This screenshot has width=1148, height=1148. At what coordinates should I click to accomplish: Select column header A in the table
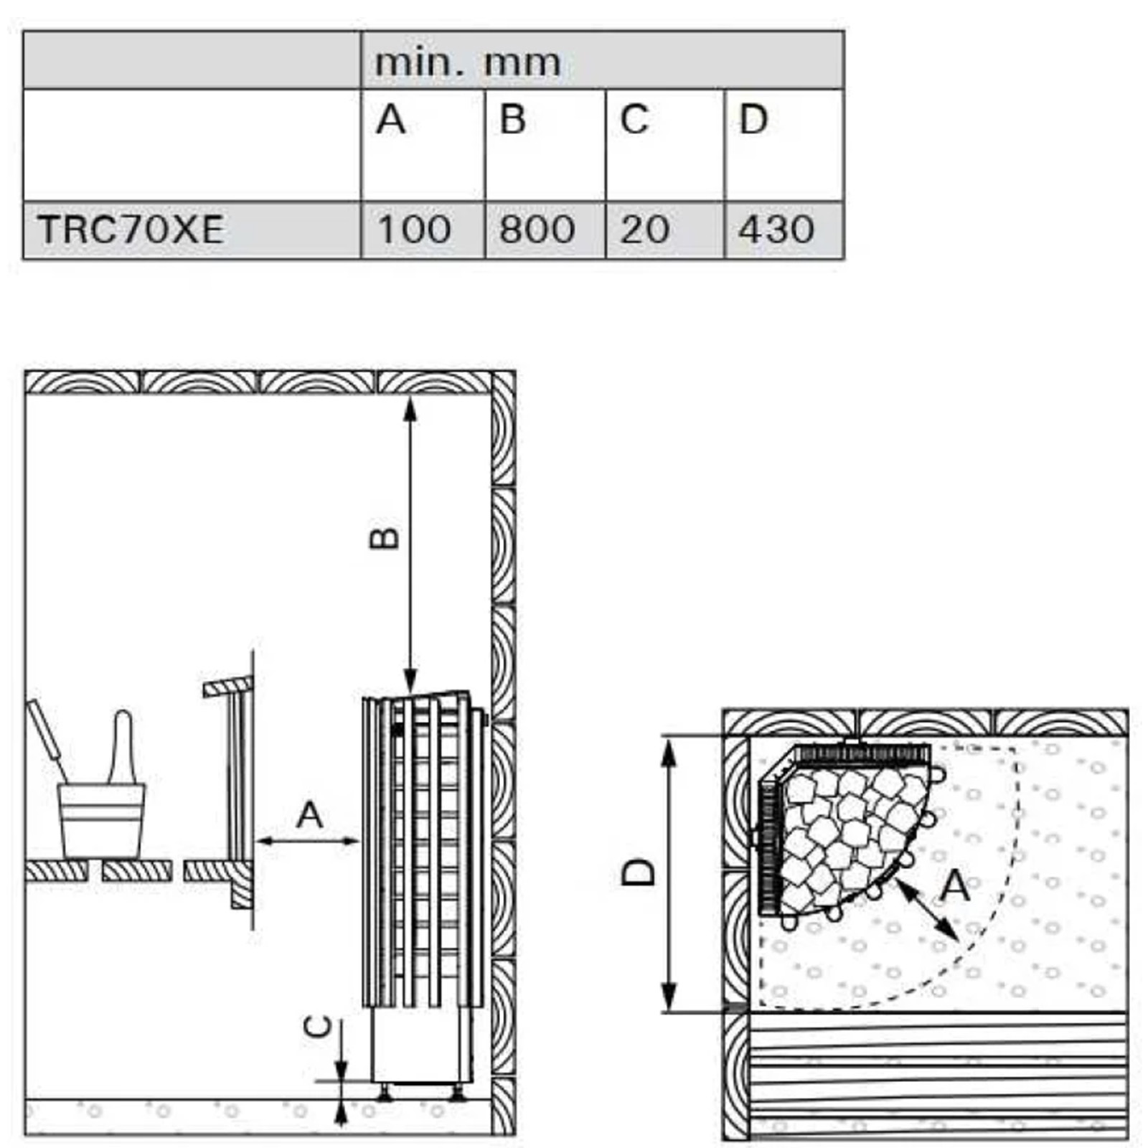pyautogui.click(x=391, y=119)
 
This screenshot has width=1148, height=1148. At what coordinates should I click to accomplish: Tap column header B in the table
pyautogui.click(x=512, y=119)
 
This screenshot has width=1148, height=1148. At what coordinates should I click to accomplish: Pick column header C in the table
pyautogui.click(x=634, y=119)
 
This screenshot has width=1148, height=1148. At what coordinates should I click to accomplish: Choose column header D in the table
pyautogui.click(x=753, y=119)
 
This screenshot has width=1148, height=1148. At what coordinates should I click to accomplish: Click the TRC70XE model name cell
pyautogui.click(x=131, y=230)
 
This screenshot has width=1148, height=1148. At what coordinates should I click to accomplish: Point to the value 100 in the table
pyautogui.click(x=414, y=230)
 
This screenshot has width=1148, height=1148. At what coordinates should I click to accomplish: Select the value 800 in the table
pyautogui.click(x=537, y=230)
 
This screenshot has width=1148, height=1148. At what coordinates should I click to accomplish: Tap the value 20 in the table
pyautogui.click(x=645, y=230)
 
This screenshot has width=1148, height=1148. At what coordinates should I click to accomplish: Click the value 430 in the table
pyautogui.click(x=776, y=230)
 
